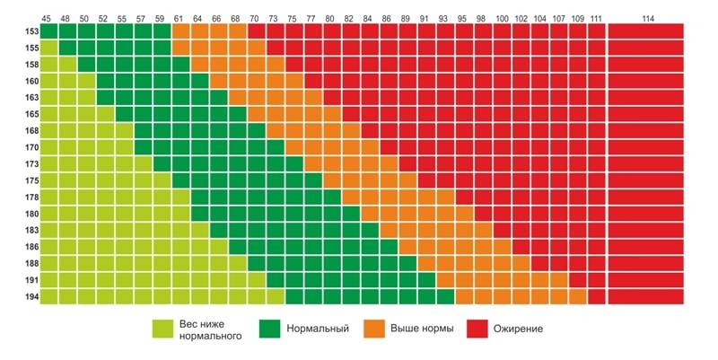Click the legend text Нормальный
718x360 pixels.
coord(318,329)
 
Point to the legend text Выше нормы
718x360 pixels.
coord(421,329)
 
